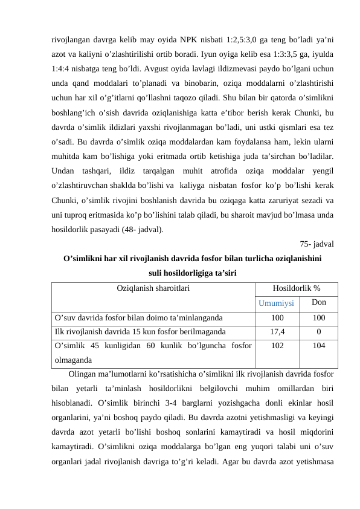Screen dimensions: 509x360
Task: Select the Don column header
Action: point(320,302)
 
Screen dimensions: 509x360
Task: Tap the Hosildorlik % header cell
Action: point(297,288)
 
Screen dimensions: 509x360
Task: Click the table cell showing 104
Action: point(320,346)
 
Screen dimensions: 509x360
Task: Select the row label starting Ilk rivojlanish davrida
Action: point(140,331)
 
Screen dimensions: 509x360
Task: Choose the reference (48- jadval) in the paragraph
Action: point(140,230)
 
